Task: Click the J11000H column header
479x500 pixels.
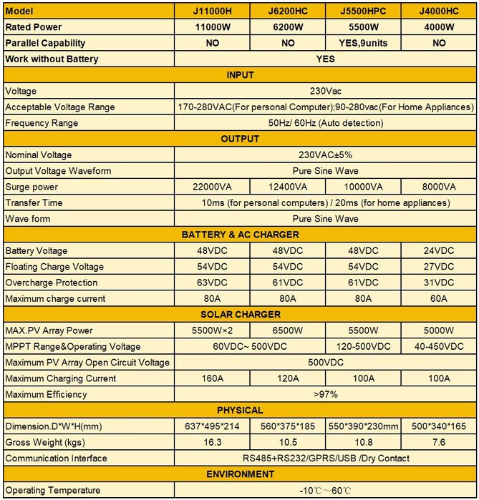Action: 213,11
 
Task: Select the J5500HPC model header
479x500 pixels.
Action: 363,11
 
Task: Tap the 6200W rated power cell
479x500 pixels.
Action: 288,27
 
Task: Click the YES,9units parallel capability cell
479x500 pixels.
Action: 363,43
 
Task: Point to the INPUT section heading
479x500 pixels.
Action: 240,75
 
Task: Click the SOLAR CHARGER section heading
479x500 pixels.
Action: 240,315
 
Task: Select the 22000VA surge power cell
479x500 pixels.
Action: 213,187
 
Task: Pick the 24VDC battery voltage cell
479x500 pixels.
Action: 438,251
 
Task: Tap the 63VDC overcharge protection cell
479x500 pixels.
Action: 213,283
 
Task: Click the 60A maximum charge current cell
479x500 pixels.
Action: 438,298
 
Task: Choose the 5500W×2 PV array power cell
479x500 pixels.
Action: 213,330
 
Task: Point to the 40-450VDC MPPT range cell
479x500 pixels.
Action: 438,346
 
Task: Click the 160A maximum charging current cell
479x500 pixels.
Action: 213,378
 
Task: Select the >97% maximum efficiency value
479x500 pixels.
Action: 326,394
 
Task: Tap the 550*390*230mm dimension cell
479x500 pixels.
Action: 363,426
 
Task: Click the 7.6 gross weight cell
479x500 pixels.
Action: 438,442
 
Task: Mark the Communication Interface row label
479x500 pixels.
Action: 57,459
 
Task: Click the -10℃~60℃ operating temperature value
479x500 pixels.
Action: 326,491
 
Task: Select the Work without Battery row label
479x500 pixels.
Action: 52,59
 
